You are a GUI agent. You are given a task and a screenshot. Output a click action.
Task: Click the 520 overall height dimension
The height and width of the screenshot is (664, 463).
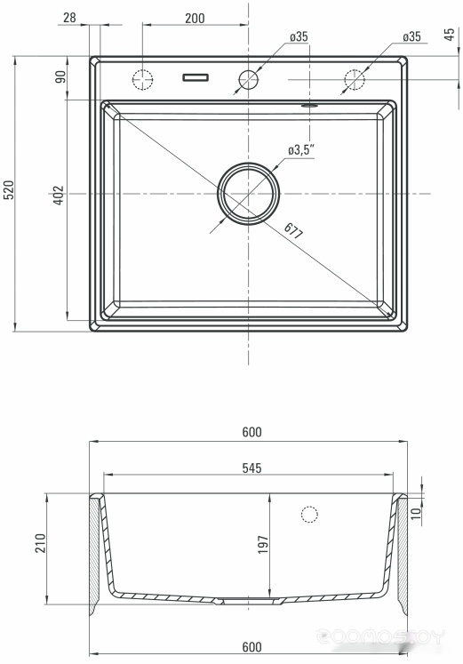pyautogui.click(x=9, y=189)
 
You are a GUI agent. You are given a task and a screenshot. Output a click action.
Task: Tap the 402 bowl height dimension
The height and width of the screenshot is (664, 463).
pyautogui.click(x=59, y=196)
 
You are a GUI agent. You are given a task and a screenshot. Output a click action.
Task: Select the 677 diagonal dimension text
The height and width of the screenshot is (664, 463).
pyautogui.click(x=293, y=230)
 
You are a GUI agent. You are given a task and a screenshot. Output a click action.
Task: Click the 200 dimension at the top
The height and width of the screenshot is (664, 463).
pyautogui.click(x=195, y=18)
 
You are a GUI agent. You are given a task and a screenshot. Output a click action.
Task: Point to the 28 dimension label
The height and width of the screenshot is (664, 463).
pyautogui.click(x=69, y=18)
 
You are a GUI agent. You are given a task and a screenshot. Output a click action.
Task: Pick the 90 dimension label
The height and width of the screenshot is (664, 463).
pyautogui.click(x=60, y=76)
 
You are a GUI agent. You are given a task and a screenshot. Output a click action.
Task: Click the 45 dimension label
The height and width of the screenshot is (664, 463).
pyautogui.click(x=450, y=35)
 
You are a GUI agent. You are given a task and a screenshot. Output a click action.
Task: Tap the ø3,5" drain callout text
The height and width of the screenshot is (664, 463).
pyautogui.click(x=301, y=150)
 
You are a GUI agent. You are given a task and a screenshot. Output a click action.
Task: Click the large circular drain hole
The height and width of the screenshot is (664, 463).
pyautogui.click(x=249, y=194)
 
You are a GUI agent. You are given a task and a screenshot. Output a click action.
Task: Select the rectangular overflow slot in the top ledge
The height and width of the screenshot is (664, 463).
pyautogui.click(x=196, y=77)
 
